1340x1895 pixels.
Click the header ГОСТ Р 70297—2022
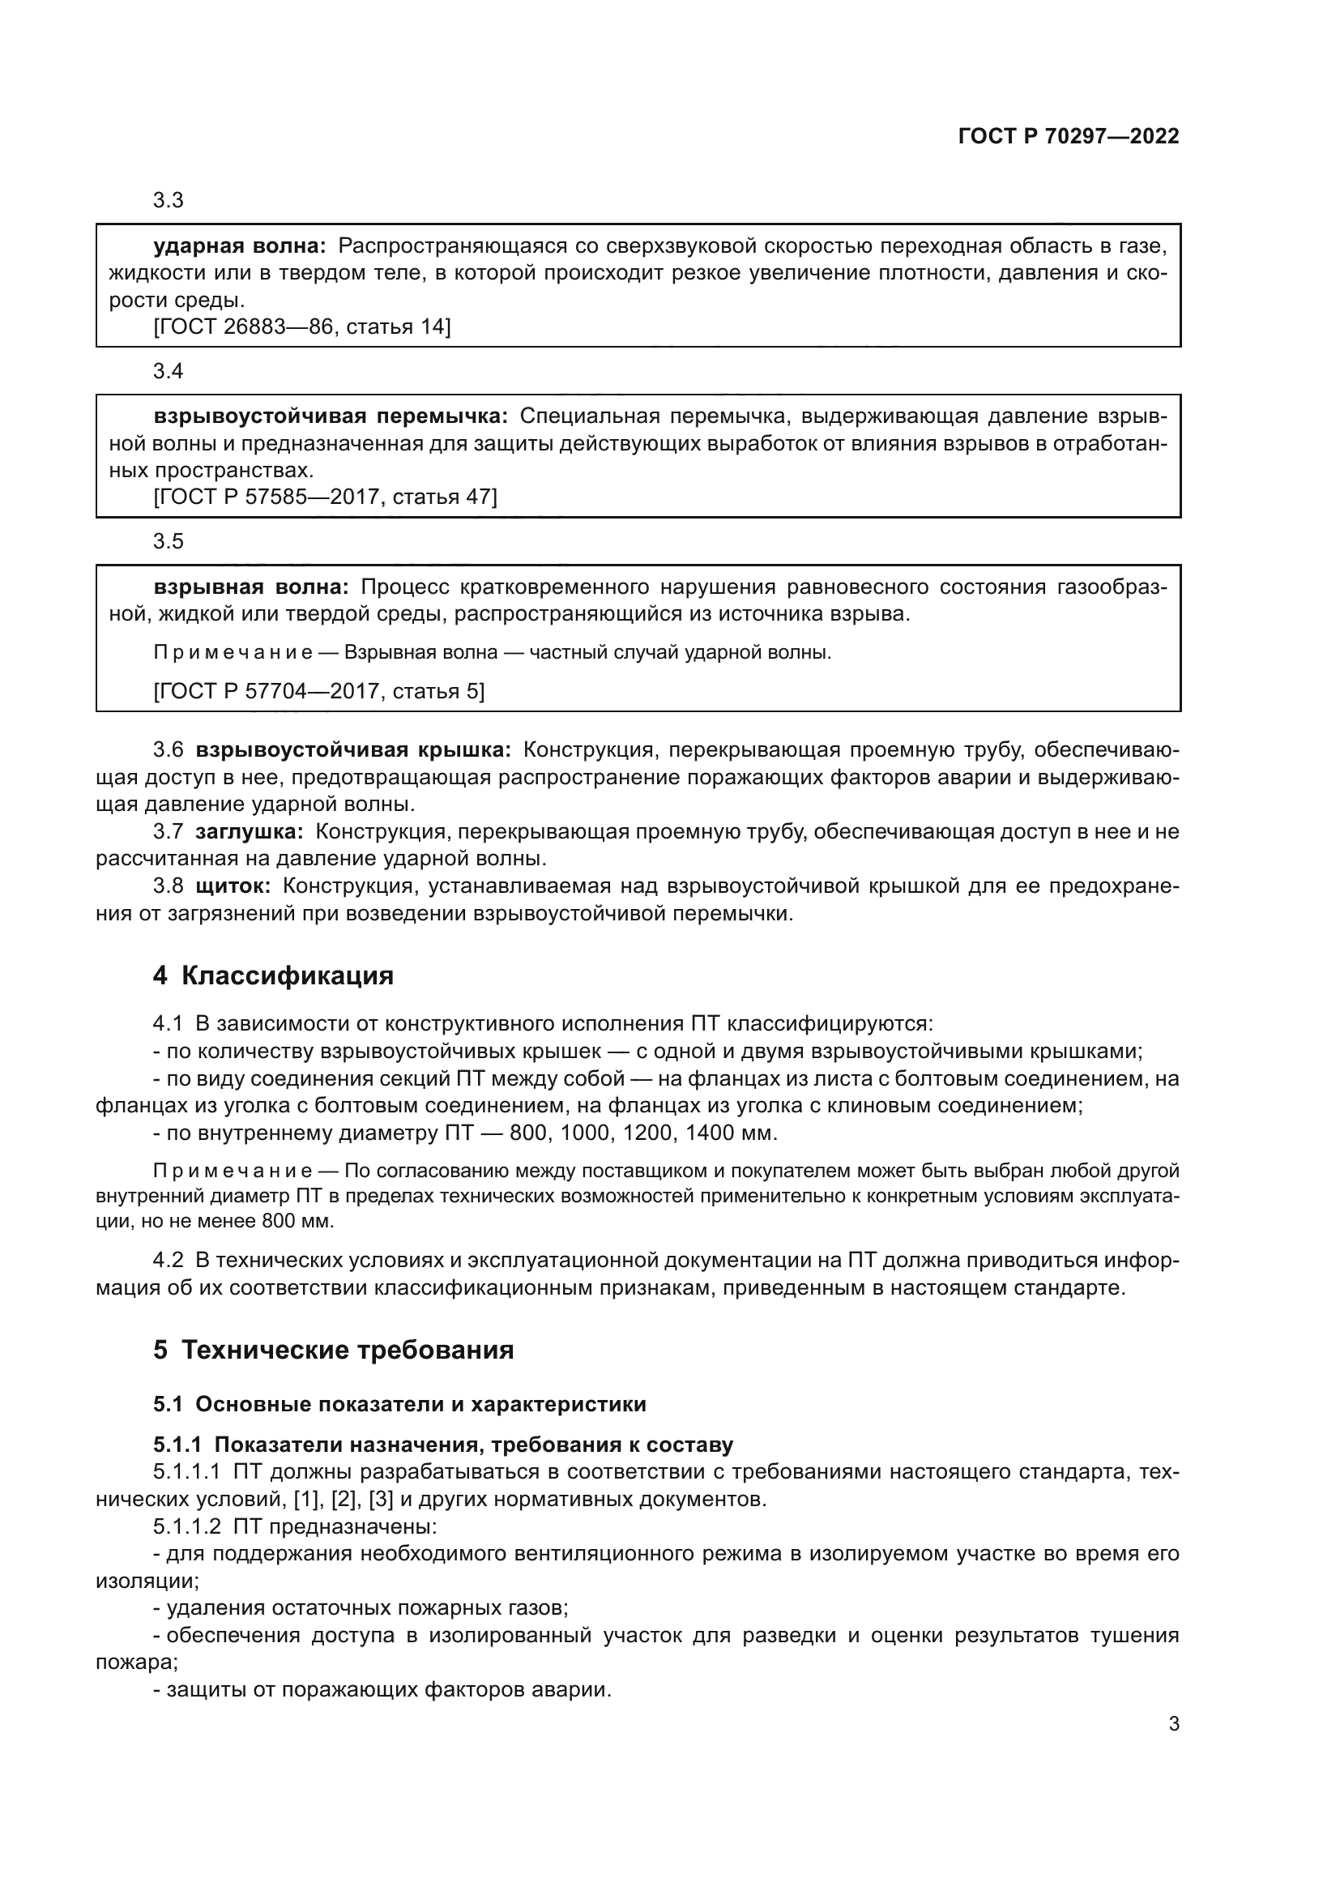(x=1069, y=136)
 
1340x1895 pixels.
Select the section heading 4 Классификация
(x=273, y=975)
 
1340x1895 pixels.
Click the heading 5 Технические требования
(x=333, y=1351)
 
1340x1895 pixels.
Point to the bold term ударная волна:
(x=240, y=246)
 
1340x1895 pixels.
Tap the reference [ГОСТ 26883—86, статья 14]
(x=302, y=327)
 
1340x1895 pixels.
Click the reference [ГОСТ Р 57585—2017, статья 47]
(x=325, y=497)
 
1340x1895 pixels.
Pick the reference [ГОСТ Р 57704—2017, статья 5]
(x=318, y=691)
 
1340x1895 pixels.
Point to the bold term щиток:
(x=233, y=886)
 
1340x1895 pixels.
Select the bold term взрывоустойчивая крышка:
(x=353, y=749)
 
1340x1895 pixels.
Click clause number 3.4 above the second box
(x=169, y=371)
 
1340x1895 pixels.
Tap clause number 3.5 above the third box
(x=169, y=541)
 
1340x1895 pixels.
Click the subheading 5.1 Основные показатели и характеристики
(x=399, y=1405)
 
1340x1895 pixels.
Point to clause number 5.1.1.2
(x=186, y=1527)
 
